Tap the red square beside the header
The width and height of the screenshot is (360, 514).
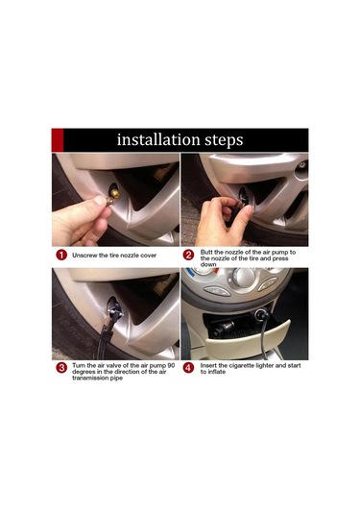point(58,140)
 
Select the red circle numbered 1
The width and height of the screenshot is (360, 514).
point(61,255)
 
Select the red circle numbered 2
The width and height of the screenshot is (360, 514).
point(188,255)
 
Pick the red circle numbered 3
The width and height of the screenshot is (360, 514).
point(61,368)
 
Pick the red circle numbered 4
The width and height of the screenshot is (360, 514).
point(188,368)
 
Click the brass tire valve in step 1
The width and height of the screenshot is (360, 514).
point(114,194)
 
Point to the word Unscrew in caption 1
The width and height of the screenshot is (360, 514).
point(84,256)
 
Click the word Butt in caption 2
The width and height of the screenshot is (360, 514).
point(206,252)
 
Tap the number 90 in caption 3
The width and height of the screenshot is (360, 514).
point(171,365)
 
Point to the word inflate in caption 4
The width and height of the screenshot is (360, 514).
point(217,372)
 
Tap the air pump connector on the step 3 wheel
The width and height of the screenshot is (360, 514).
point(114,312)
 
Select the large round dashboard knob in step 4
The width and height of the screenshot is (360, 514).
point(244,278)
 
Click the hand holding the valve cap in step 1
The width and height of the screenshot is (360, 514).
point(81,220)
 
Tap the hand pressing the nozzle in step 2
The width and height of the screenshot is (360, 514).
point(223,221)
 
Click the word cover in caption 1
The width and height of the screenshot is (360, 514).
point(149,256)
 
